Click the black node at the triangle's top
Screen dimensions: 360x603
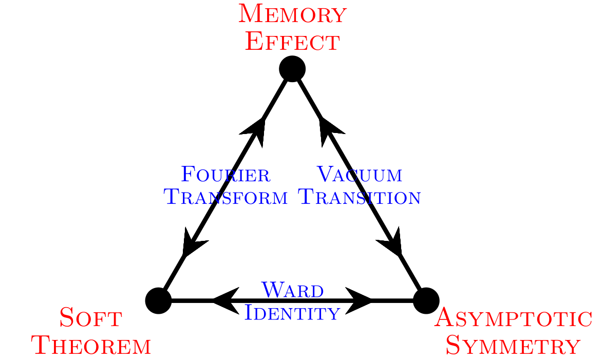292,69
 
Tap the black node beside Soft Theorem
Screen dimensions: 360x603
159,300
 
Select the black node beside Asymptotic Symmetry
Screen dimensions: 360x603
426,300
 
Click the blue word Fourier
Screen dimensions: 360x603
225,175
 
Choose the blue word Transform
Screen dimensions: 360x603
225,197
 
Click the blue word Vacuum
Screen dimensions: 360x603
359,175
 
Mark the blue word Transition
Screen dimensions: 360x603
360,197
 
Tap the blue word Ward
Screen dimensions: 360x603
292,290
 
